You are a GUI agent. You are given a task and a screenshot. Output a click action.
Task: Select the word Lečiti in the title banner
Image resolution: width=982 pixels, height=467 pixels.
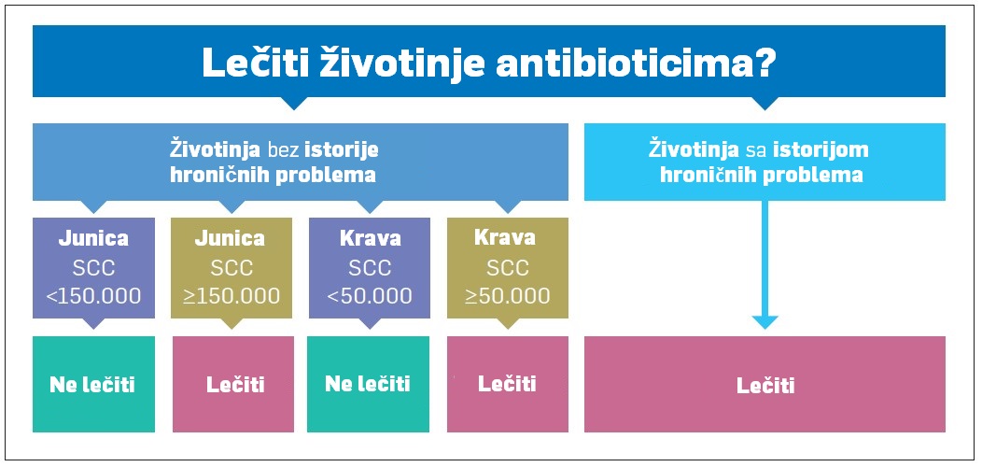coord(254,63)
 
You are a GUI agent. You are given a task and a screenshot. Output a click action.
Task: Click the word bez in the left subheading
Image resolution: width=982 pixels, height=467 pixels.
coord(285,151)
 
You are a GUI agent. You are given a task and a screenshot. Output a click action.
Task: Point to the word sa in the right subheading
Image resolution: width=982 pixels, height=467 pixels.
coord(756,151)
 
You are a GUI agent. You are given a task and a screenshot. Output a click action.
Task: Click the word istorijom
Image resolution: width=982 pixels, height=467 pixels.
coord(821,151)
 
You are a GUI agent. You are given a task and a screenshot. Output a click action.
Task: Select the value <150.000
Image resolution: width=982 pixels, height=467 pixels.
coord(94,296)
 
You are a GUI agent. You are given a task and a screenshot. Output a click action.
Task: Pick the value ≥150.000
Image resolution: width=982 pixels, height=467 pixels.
coord(231,296)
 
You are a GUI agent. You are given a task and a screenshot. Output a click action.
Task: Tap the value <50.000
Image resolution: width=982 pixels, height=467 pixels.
coord(370,296)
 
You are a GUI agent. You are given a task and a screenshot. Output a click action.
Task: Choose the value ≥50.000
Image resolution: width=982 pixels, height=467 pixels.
coord(508,295)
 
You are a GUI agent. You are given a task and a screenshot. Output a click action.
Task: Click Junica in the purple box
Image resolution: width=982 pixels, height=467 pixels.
coord(93,239)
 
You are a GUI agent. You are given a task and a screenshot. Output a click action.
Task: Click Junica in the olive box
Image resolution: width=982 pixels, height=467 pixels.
coord(230,239)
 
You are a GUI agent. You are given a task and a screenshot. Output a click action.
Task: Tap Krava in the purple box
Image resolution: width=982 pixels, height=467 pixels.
coord(371,239)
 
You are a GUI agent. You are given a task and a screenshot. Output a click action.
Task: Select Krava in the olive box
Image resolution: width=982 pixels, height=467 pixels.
coord(505,238)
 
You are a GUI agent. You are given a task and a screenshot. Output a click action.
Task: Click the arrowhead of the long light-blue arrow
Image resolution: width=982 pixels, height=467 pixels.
coord(765,322)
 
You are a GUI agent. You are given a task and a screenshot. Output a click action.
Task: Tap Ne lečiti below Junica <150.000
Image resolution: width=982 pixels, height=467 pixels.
coord(92,385)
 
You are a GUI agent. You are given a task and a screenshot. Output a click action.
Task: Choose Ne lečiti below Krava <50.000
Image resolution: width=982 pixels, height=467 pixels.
coord(368,384)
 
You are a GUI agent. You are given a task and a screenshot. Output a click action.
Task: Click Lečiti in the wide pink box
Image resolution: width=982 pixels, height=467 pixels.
coord(765,386)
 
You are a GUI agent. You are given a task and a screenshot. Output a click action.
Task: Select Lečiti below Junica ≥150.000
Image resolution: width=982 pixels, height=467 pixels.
coord(235,385)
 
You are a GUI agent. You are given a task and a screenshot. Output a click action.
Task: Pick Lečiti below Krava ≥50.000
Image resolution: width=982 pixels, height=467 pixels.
coord(507,384)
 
